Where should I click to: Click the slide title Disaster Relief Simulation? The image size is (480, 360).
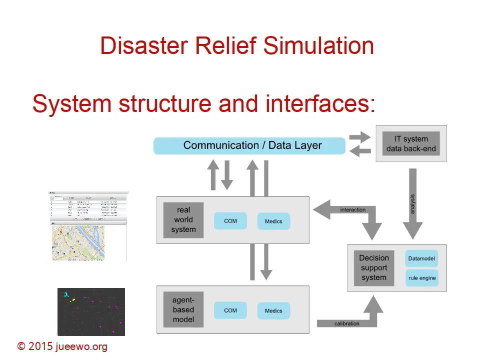237,46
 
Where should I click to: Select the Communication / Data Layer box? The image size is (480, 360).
249,145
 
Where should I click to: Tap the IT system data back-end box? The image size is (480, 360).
411,143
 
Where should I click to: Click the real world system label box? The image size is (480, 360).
183,220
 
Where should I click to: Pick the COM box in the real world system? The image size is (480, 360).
230,221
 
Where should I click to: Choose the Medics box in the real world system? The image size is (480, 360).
273,221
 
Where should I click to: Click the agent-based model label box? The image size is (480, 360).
183,309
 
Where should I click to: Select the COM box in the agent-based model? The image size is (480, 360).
230,310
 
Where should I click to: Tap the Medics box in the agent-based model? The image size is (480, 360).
273,310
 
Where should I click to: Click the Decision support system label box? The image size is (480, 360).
374,268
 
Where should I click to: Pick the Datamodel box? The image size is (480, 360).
421,259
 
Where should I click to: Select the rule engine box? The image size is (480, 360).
421,278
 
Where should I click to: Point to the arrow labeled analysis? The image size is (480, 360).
412,202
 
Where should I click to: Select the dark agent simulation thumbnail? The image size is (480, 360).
91,311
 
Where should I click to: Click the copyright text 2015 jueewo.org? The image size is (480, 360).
62,346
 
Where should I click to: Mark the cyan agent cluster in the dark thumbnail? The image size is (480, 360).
66,295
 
